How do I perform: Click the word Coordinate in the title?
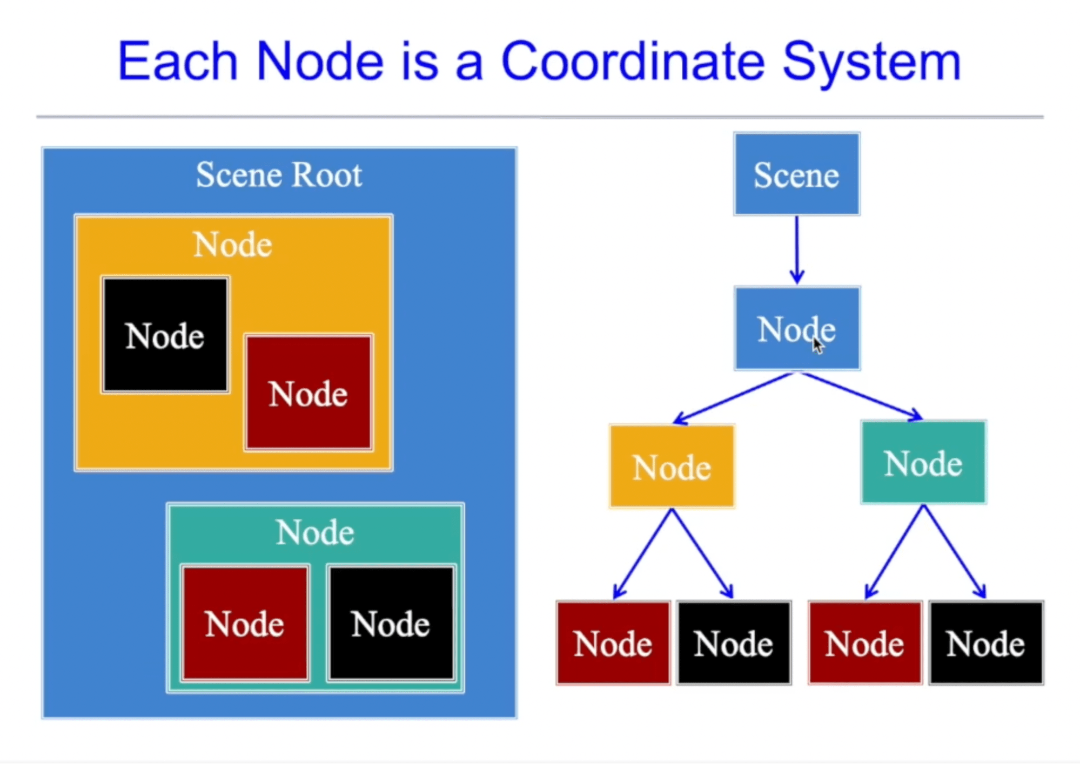pyautogui.click(x=633, y=61)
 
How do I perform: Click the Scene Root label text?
pyautogui.click(x=279, y=175)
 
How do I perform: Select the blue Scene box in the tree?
pyautogui.click(x=796, y=174)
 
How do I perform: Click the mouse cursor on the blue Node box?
pyautogui.click(x=818, y=346)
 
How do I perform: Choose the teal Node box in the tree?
pyautogui.click(x=923, y=463)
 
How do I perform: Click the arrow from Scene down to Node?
pyautogui.click(x=797, y=249)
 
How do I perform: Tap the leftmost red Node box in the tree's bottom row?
pyautogui.click(x=613, y=643)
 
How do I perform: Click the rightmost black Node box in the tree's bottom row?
pyautogui.click(x=986, y=643)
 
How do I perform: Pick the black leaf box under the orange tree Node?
pyautogui.click(x=734, y=643)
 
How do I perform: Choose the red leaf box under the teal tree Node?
pyautogui.click(x=865, y=643)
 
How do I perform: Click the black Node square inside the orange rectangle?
pyautogui.click(x=165, y=335)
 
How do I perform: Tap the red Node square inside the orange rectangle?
pyautogui.click(x=308, y=393)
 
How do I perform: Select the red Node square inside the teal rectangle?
pyautogui.click(x=245, y=624)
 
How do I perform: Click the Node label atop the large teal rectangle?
pyautogui.click(x=315, y=532)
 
